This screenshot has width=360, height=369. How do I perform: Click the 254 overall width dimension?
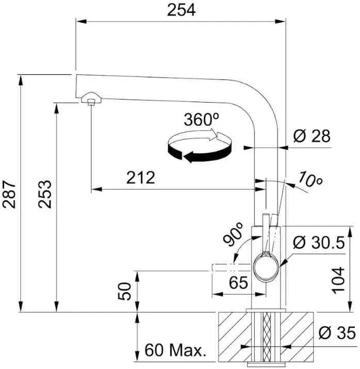tap(182, 11)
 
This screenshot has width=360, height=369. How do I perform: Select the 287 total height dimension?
tap(9, 195)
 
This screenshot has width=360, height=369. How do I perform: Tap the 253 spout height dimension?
tap(45, 195)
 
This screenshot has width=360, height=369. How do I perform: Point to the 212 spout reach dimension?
tap(141, 178)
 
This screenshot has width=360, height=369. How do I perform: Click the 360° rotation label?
tap(201, 120)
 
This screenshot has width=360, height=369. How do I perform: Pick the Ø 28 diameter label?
tap(312, 136)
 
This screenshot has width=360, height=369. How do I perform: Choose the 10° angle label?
tap(310, 179)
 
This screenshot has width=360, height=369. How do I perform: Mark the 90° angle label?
tap(233, 234)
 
